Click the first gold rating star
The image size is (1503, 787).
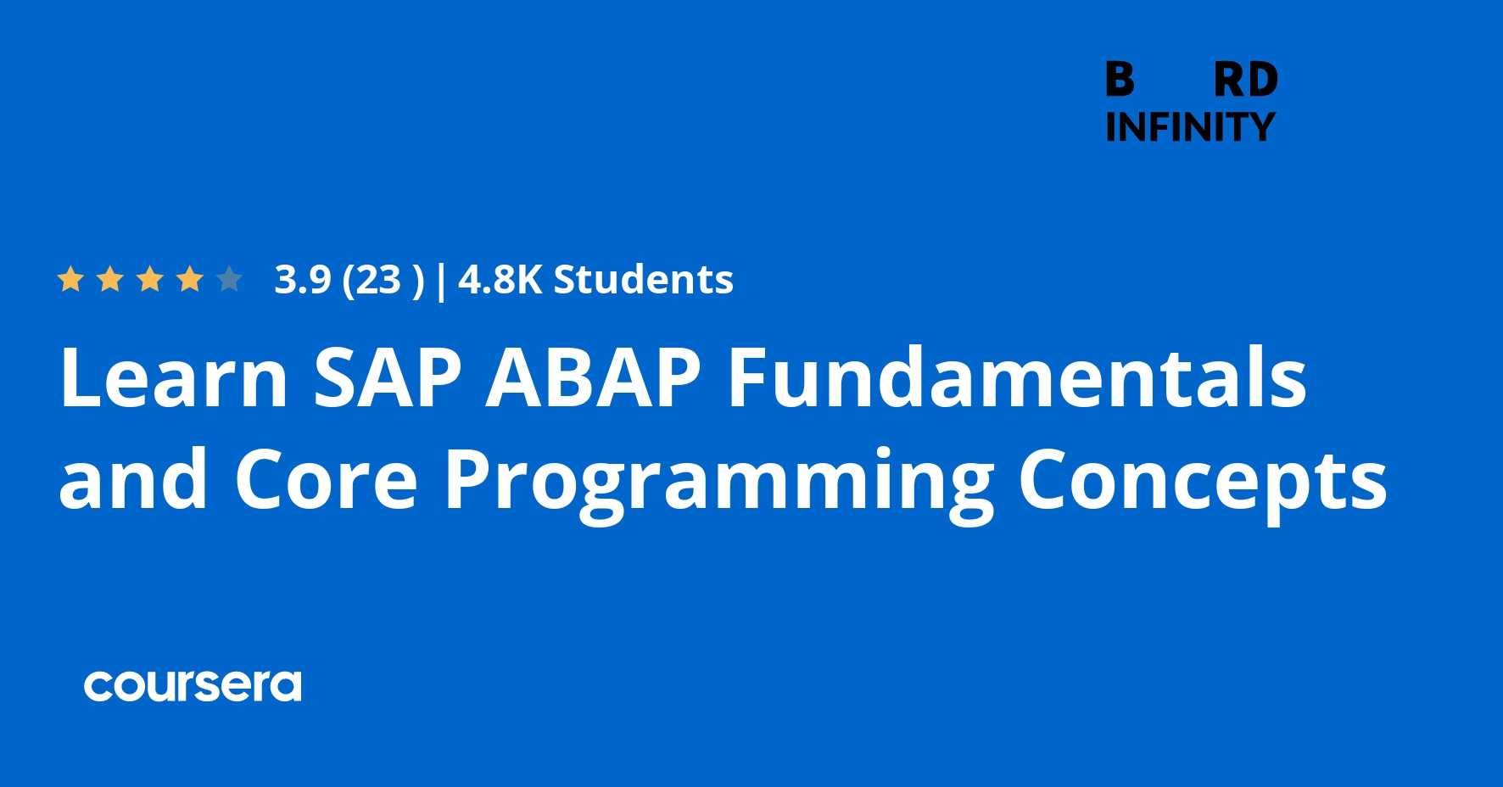(70, 279)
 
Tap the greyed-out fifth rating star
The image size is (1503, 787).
(229, 279)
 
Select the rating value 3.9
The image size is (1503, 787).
(303, 280)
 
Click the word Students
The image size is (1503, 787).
(644, 280)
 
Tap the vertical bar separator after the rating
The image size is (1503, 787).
(440, 282)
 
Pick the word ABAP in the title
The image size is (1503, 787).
(594, 377)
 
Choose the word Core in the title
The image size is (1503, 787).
(327, 479)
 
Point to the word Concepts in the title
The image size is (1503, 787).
(1203, 483)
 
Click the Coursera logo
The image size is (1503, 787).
(193, 686)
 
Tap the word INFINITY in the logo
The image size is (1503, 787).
(1190, 127)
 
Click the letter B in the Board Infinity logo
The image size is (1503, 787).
(1120, 80)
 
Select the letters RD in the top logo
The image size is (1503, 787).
(1245, 80)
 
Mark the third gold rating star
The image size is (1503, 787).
(150, 279)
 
